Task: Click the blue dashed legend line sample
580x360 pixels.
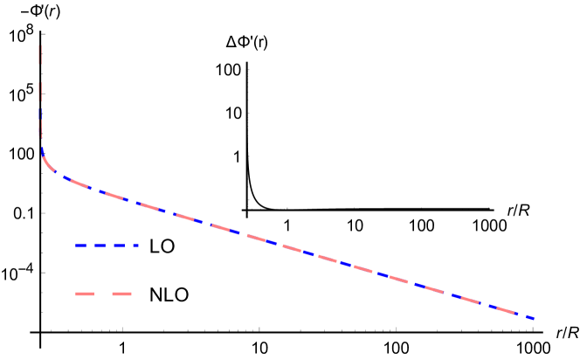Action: pyautogui.click(x=107, y=246)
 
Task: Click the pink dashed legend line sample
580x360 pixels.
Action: pyautogui.click(x=103, y=294)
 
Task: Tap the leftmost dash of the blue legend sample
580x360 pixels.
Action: pyautogui.click(x=80, y=246)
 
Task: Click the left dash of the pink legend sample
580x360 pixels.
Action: pyautogui.click(x=84, y=294)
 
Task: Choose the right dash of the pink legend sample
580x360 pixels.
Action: pyautogui.click(x=121, y=294)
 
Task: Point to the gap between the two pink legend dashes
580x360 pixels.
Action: pyautogui.click(x=103, y=294)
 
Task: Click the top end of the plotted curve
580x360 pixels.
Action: pyautogui.click(x=39, y=45)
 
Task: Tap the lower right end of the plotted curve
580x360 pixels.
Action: pyautogui.click(x=534, y=319)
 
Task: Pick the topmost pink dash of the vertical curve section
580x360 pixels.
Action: pyautogui.click(x=39, y=54)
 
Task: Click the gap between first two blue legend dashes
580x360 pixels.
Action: pyautogui.click(x=89, y=246)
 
